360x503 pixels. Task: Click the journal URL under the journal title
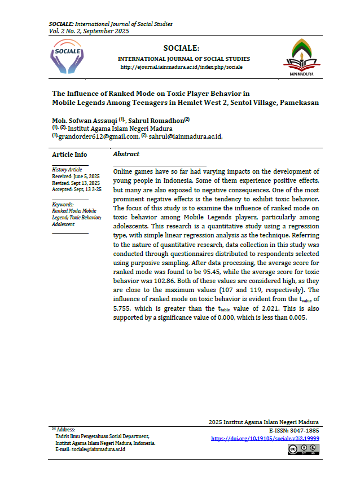tap(182, 67)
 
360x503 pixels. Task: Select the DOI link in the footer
tap(265, 438)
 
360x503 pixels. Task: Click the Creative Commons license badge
tap(303, 449)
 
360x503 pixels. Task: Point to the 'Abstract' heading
tap(126, 154)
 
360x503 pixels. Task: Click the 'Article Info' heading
tap(69, 155)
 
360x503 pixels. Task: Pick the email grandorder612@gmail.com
tap(99, 136)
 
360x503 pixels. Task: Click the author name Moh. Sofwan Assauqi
tap(84, 120)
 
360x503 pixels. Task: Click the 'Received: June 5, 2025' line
tap(75, 177)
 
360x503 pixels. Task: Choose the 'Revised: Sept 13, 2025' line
tap(76, 183)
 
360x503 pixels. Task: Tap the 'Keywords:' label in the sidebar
tap(63, 204)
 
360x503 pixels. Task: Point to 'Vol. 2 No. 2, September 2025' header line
tap(89, 32)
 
